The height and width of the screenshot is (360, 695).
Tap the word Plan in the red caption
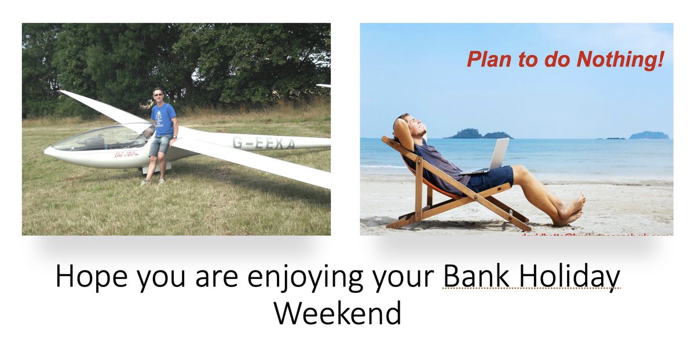[487, 60]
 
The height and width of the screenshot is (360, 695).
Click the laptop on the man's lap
[492, 156]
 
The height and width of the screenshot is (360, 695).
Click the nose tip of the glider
[47, 151]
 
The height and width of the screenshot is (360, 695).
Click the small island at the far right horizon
[649, 135]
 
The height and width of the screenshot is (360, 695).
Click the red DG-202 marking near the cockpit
[125, 155]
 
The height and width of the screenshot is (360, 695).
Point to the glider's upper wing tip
[62, 91]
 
